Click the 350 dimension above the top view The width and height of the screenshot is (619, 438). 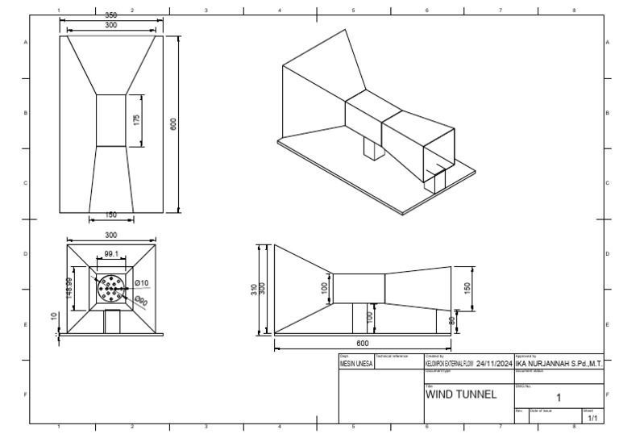pyautogui.click(x=111, y=15)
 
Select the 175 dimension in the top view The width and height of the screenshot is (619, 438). pyautogui.click(x=137, y=119)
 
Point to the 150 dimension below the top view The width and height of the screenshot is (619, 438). pyautogui.click(x=111, y=215)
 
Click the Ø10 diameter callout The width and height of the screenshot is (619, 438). pyautogui.click(x=141, y=282)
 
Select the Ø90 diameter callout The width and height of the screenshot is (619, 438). pyautogui.click(x=141, y=300)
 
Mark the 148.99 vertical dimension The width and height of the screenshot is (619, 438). pyautogui.click(x=70, y=286)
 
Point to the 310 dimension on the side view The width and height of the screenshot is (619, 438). pyautogui.click(x=253, y=289)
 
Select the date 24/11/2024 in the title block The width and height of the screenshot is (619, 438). pyautogui.click(x=493, y=364)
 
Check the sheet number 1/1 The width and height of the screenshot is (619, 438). pyautogui.click(x=592, y=419)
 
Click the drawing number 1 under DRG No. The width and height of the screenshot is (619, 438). pyautogui.click(x=559, y=397)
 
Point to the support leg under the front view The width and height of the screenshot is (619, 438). pyautogui.click(x=111, y=322)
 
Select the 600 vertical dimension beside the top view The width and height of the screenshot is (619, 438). pyautogui.click(x=172, y=125)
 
